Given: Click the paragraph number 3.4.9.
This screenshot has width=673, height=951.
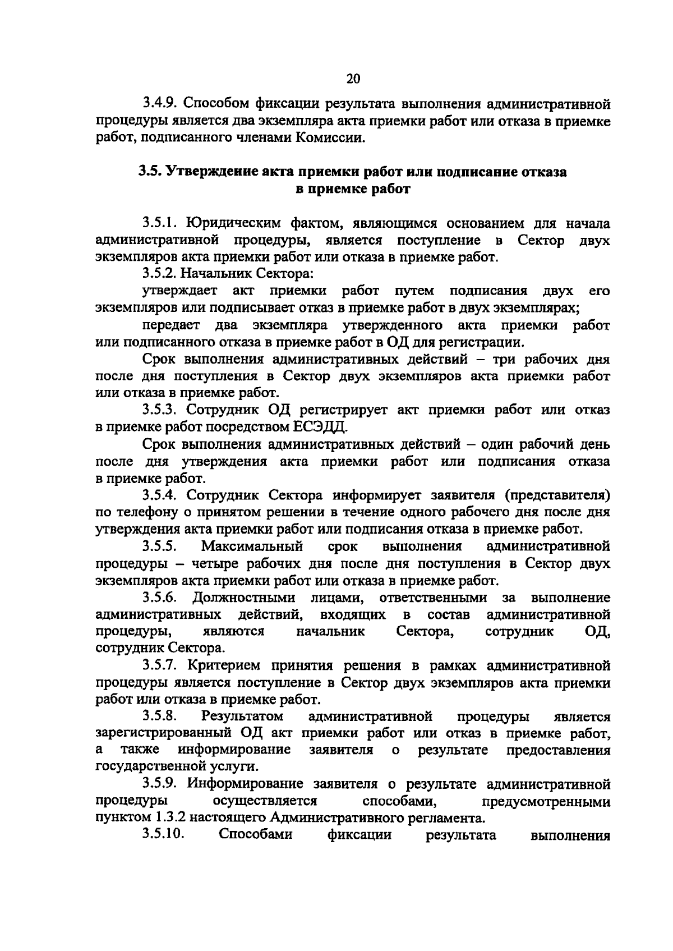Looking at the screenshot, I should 160,104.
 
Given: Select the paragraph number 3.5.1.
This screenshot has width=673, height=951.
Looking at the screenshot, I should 160,223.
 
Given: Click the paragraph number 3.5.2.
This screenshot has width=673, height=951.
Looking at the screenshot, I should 160,274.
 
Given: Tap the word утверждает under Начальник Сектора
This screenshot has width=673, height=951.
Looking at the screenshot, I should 179,291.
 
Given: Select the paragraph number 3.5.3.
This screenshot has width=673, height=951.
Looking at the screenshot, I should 160,410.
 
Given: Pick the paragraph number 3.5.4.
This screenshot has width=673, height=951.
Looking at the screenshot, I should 160,495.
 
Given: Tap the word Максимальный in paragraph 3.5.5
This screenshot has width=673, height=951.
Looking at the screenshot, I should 252,546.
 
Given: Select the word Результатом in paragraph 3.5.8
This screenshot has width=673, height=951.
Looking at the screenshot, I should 242,716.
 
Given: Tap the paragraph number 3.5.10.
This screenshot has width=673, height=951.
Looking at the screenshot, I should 163,835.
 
